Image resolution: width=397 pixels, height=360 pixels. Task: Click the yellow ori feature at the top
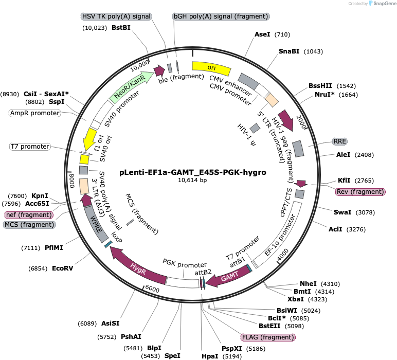click(211, 68)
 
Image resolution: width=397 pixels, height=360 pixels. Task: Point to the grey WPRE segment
click(97, 224)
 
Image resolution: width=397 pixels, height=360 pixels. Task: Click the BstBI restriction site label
click(121, 28)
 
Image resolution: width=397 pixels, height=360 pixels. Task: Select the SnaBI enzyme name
click(289, 51)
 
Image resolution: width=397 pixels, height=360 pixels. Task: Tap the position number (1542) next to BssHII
click(346, 86)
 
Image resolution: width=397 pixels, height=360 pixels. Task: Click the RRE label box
click(339, 141)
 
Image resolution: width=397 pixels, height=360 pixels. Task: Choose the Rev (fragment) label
click(360, 192)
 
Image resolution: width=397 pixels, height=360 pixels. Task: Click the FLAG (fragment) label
click(268, 337)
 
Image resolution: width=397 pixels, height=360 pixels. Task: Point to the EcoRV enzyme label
click(63, 268)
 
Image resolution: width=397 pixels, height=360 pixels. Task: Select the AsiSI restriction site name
click(111, 323)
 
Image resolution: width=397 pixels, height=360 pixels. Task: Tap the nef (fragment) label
click(29, 215)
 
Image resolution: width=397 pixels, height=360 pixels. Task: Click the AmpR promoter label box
click(35, 113)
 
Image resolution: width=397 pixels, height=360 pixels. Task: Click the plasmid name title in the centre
click(193, 172)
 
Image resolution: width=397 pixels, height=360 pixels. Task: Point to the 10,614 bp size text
click(192, 180)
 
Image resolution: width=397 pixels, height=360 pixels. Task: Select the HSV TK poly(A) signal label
click(116, 16)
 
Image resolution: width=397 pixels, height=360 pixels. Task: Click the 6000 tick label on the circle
click(152, 289)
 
